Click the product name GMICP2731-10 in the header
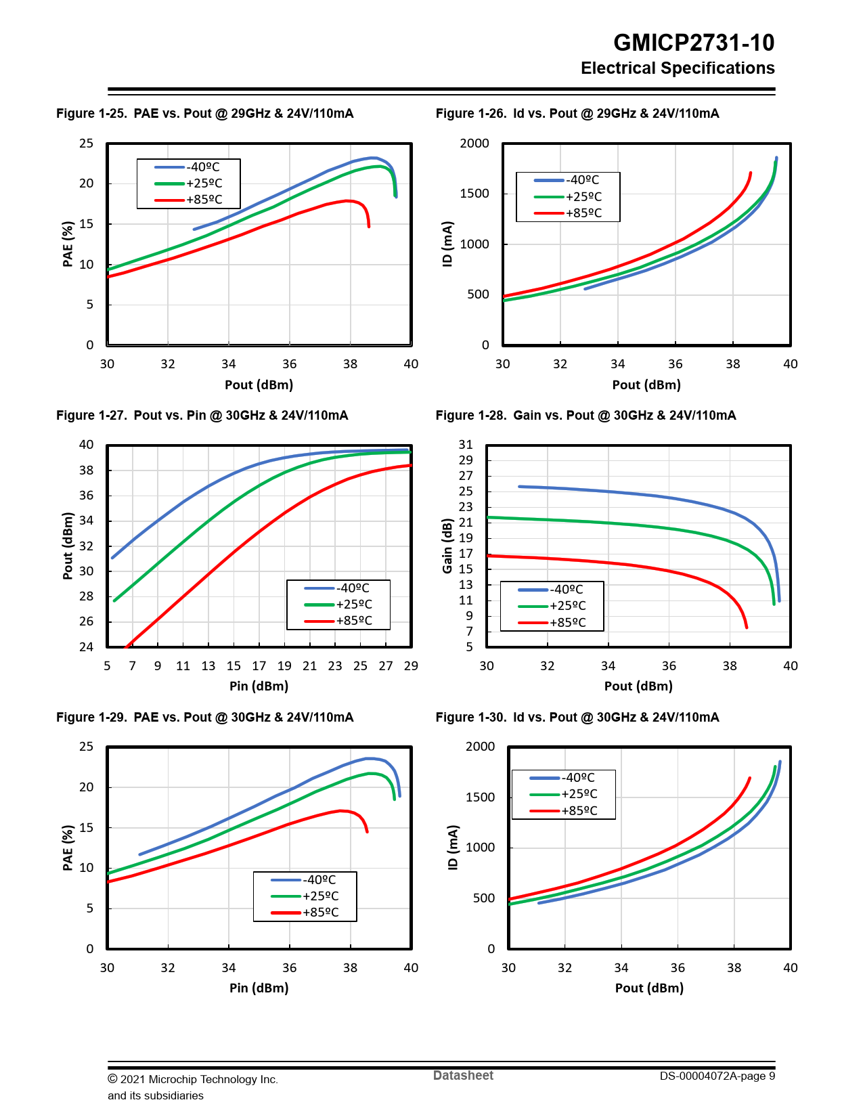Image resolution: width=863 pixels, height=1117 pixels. (x=693, y=43)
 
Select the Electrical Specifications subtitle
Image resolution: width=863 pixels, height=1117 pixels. (x=677, y=68)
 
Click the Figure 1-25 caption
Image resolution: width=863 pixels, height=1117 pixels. (x=204, y=114)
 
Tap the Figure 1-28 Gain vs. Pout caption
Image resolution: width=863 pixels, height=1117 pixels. (x=585, y=416)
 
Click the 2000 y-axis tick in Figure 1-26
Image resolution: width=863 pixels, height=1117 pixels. (x=474, y=144)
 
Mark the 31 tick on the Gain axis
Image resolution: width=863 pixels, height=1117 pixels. (x=466, y=445)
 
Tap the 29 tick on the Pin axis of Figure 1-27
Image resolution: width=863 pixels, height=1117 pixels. (x=410, y=666)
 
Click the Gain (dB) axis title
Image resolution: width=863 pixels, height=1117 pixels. (x=447, y=546)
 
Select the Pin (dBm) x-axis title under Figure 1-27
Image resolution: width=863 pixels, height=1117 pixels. (x=259, y=686)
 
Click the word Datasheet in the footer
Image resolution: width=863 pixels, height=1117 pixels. (x=463, y=1076)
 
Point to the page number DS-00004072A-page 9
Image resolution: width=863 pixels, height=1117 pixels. (x=717, y=1076)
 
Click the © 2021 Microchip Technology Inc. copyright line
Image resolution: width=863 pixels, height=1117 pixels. (x=193, y=1079)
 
